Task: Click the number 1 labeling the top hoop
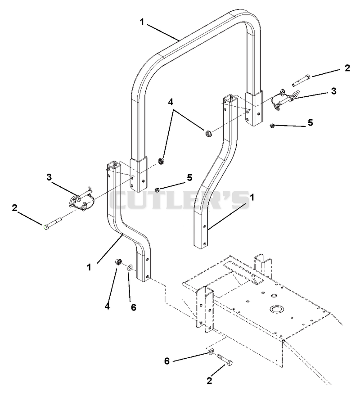pos(142,22)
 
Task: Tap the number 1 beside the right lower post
pos(252,198)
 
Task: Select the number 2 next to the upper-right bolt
pos(347,68)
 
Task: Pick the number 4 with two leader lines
pos(170,102)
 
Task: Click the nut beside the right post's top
pos(208,133)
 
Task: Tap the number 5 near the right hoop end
pos(310,123)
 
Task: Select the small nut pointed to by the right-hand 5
pos(272,125)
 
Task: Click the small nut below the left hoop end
pos(157,189)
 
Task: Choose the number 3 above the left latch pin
pos(49,177)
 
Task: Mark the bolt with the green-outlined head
pos(53,223)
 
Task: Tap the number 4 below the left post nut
pos(107,306)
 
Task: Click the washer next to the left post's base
pos(130,268)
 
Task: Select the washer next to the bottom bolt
pos(211,352)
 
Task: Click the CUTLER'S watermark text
pos(180,200)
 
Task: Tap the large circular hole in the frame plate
pos(276,309)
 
